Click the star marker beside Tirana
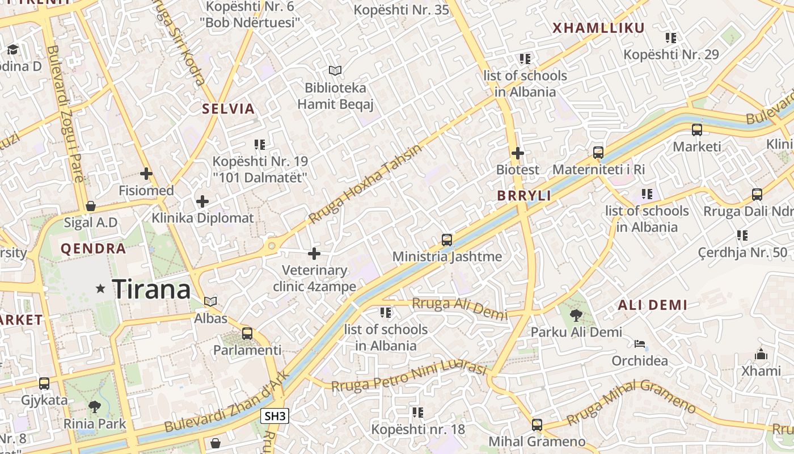101,289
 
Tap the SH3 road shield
275,416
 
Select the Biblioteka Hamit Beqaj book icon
335,70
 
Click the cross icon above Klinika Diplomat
202,201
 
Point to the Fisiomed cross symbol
146,174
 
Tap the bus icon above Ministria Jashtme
447,240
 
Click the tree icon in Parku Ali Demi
576,315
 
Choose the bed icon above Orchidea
640,344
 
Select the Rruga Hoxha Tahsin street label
366,184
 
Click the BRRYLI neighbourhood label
524,196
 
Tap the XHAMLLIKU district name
598,28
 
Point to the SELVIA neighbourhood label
229,109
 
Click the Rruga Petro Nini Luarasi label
409,377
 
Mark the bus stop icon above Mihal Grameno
537,424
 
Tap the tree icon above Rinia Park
95,406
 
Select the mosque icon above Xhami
761,354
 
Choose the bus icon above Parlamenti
247,333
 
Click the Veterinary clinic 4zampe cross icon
314,254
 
